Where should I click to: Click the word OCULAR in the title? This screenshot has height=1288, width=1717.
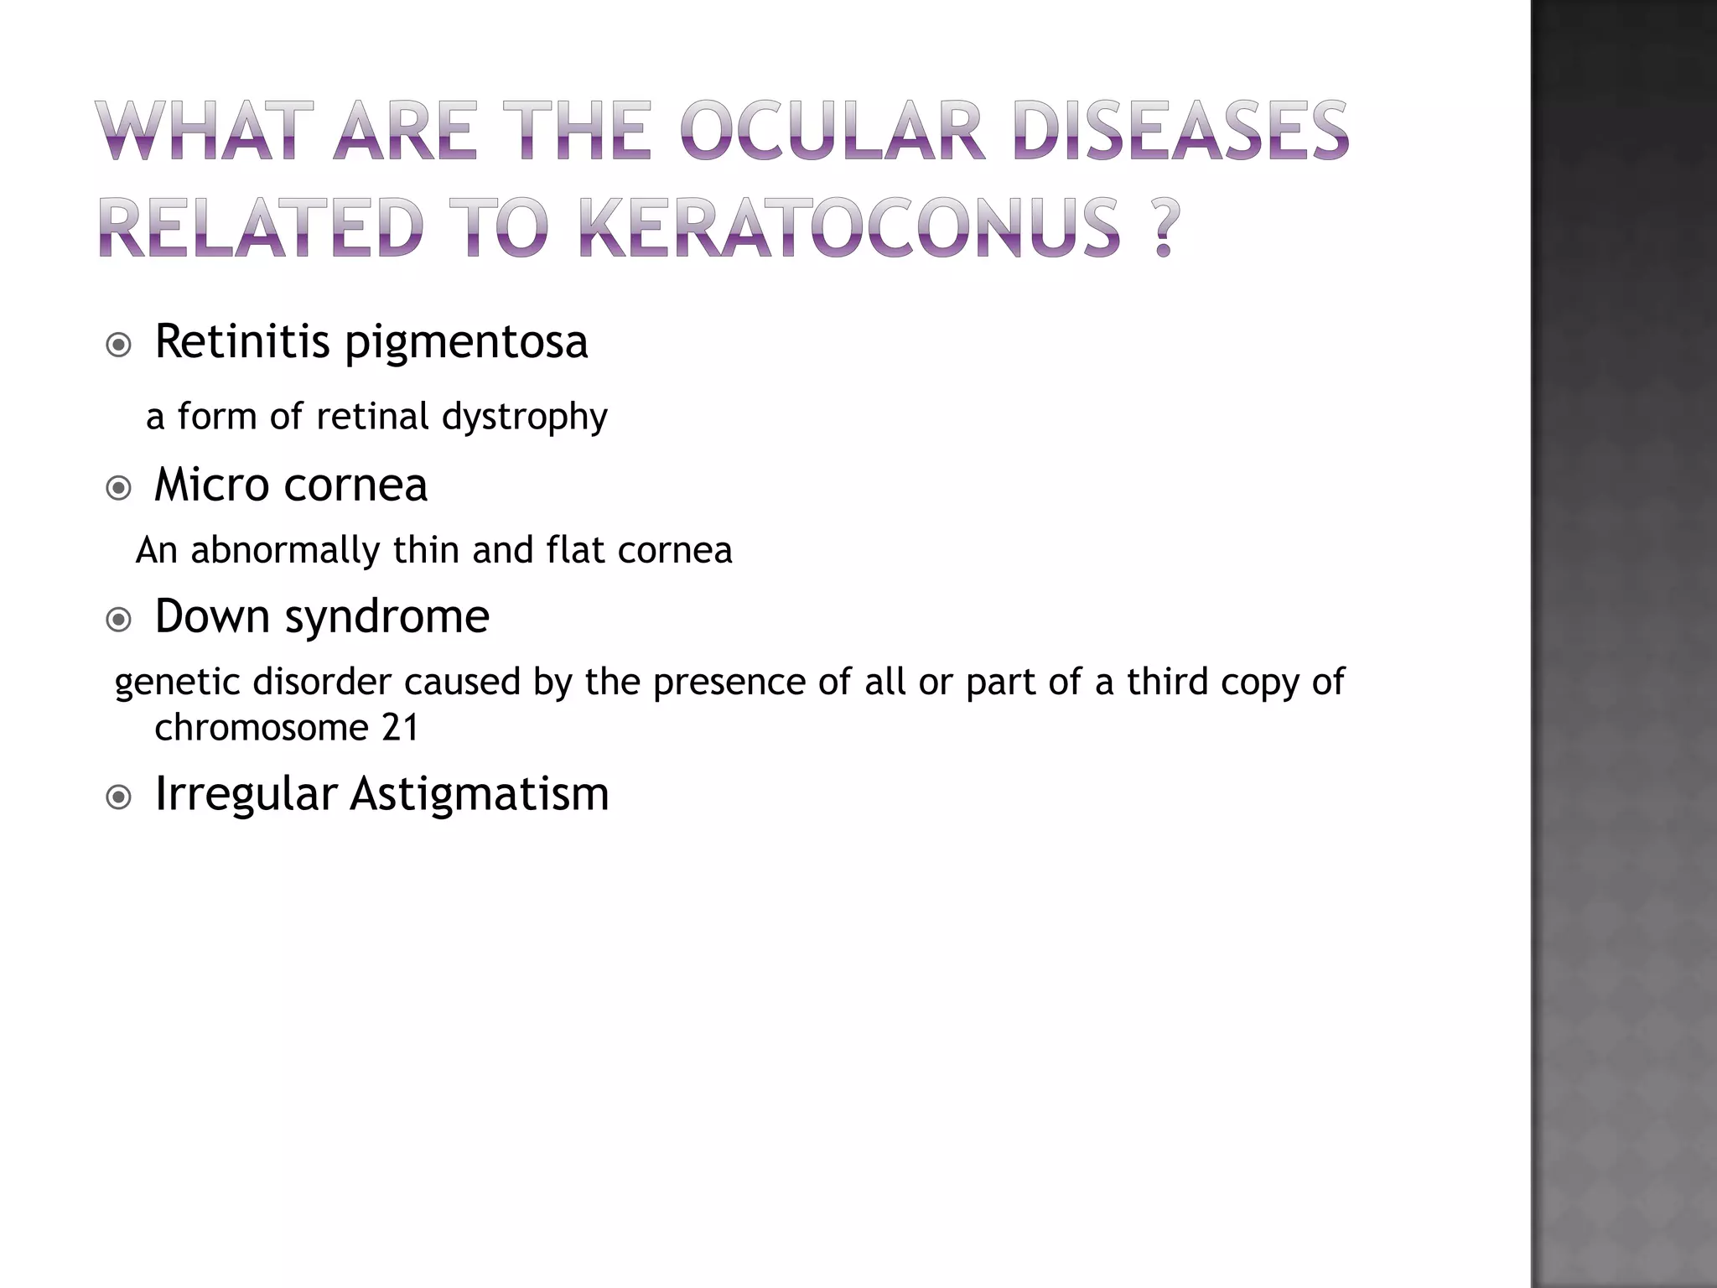[x=831, y=132]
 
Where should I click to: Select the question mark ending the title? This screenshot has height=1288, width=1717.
[x=1162, y=227]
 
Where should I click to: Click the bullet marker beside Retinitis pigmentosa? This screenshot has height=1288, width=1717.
[x=119, y=345]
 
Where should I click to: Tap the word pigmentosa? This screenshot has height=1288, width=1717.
[x=466, y=344]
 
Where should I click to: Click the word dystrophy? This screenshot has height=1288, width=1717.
[x=524, y=417]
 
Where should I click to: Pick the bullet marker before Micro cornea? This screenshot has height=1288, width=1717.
[x=119, y=488]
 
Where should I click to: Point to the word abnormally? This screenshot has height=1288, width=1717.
[x=286, y=551]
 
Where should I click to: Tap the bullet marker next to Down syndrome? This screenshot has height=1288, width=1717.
[x=119, y=620]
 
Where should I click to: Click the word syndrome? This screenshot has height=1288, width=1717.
[x=386, y=618]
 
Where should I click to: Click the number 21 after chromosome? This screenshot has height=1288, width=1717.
[x=399, y=727]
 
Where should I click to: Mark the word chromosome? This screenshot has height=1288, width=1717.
[x=261, y=727]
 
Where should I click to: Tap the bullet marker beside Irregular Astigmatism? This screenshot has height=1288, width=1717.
[x=119, y=797]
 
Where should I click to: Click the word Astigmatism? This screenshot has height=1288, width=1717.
[x=479, y=794]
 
